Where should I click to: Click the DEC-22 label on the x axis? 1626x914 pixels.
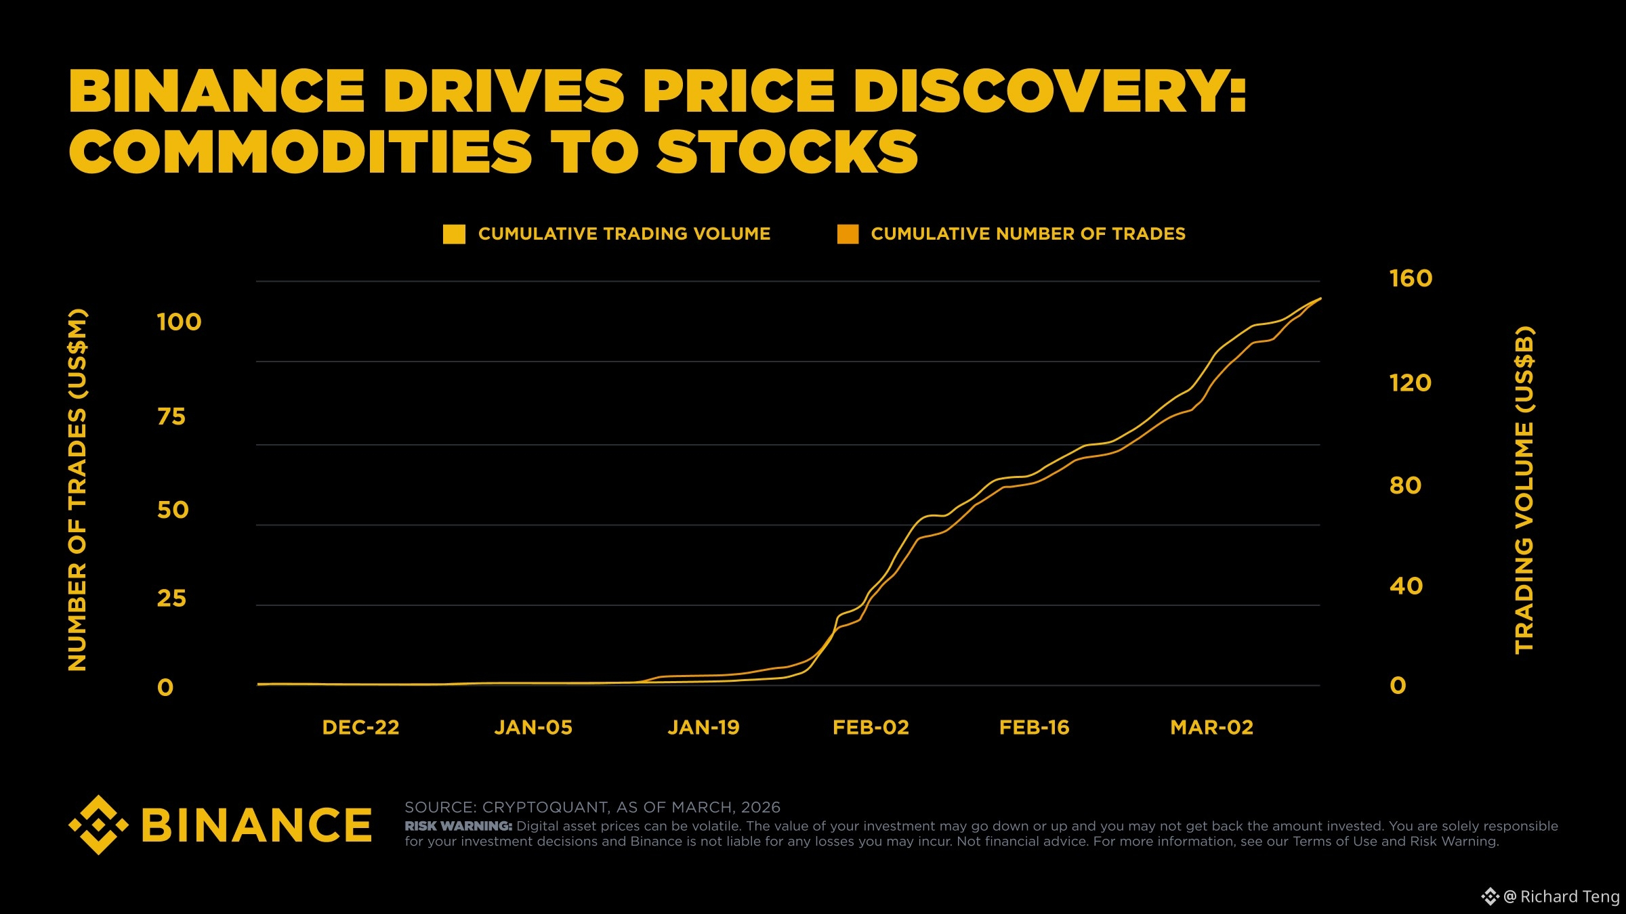[360, 728]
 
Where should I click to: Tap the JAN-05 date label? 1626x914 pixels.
[533, 728]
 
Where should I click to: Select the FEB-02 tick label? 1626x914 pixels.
[871, 728]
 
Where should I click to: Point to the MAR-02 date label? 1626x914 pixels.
[1211, 728]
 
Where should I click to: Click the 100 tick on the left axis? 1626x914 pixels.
[179, 322]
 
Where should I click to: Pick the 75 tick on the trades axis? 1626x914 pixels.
[171, 417]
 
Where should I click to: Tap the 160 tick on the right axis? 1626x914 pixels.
[1411, 279]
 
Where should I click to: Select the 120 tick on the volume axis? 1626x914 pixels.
[1410, 383]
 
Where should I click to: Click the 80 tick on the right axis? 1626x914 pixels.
[1405, 485]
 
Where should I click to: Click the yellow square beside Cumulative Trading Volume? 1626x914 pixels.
[454, 234]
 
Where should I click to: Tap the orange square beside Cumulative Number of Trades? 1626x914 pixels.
[848, 234]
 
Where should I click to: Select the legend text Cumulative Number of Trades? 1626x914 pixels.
[1028, 234]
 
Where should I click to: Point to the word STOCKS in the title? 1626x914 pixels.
[787, 152]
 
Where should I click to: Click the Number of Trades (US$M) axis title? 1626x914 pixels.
[77, 489]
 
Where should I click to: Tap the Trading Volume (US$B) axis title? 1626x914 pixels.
[1524, 489]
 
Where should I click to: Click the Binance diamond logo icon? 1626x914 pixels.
[99, 825]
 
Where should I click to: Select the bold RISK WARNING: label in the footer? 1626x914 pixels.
[458, 827]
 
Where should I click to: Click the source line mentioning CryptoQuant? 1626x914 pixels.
[592, 807]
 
